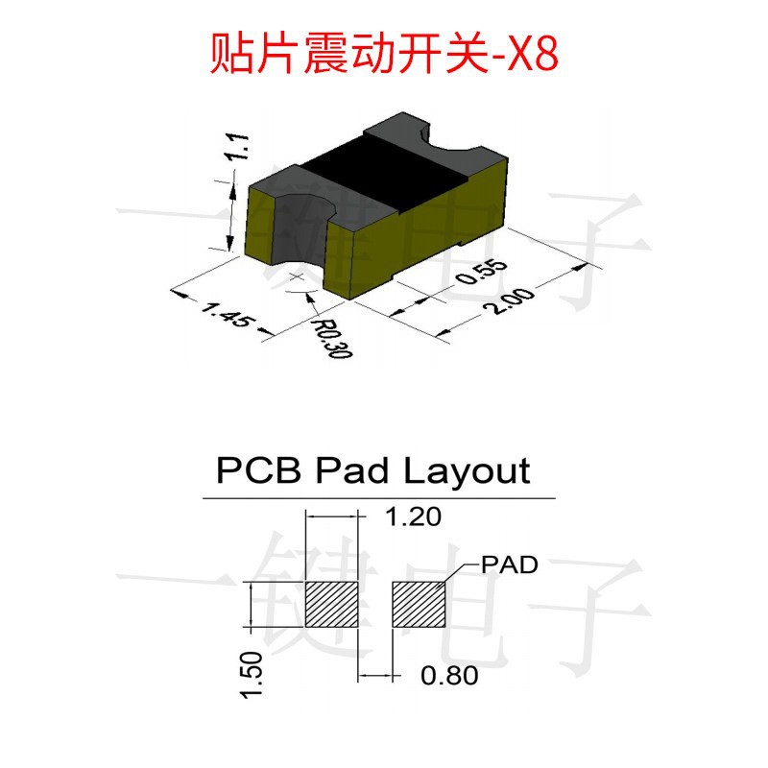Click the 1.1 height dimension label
236,146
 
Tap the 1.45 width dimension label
228,315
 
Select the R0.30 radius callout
333,339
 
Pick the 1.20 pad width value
414,516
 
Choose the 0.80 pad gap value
449,676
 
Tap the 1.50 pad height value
252,675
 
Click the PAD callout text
510,564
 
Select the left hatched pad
331,605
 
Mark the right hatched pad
419,605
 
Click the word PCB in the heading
258,470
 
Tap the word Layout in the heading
467,472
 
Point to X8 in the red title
532,53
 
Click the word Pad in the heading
352,471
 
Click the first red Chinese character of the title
229,53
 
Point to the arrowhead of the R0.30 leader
309,297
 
